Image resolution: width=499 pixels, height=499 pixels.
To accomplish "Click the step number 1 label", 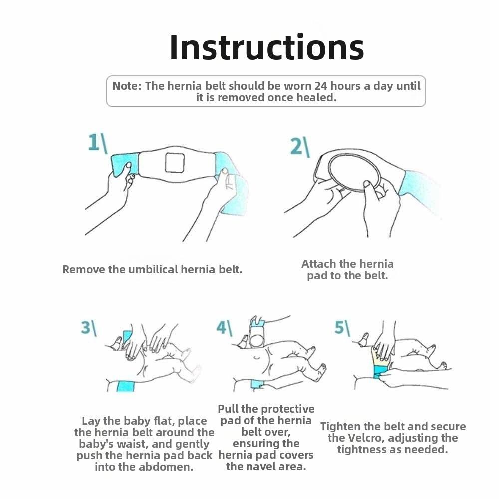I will (97, 142).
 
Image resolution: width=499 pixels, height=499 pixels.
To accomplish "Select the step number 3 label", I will (88, 328).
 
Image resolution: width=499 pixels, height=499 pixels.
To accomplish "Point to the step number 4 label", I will (224, 328).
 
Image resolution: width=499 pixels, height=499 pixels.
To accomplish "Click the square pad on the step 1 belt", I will (175, 163).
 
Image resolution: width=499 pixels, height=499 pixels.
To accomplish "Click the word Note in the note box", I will (127, 86).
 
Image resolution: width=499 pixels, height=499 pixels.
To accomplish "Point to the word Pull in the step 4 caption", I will (228, 409).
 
